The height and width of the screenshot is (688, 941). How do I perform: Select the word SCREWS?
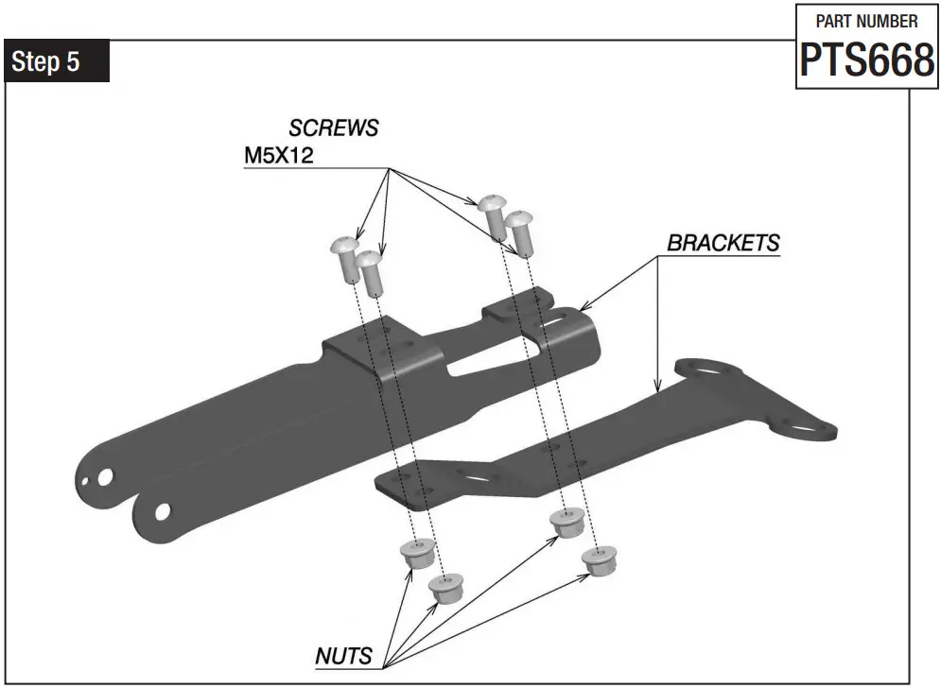pos(333,128)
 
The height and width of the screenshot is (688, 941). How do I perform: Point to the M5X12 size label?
pos(279,156)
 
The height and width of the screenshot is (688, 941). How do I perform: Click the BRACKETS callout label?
pos(723,242)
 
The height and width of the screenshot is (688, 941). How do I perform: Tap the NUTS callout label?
pos(343,655)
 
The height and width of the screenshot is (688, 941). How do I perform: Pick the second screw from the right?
pos(493,215)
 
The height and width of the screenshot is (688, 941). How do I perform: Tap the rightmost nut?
pos(595,562)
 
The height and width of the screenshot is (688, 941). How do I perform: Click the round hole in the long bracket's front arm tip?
pos(163,510)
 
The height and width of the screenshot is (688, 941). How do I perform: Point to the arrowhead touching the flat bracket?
pos(657,387)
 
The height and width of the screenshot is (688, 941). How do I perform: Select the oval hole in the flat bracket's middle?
pos(483,479)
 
